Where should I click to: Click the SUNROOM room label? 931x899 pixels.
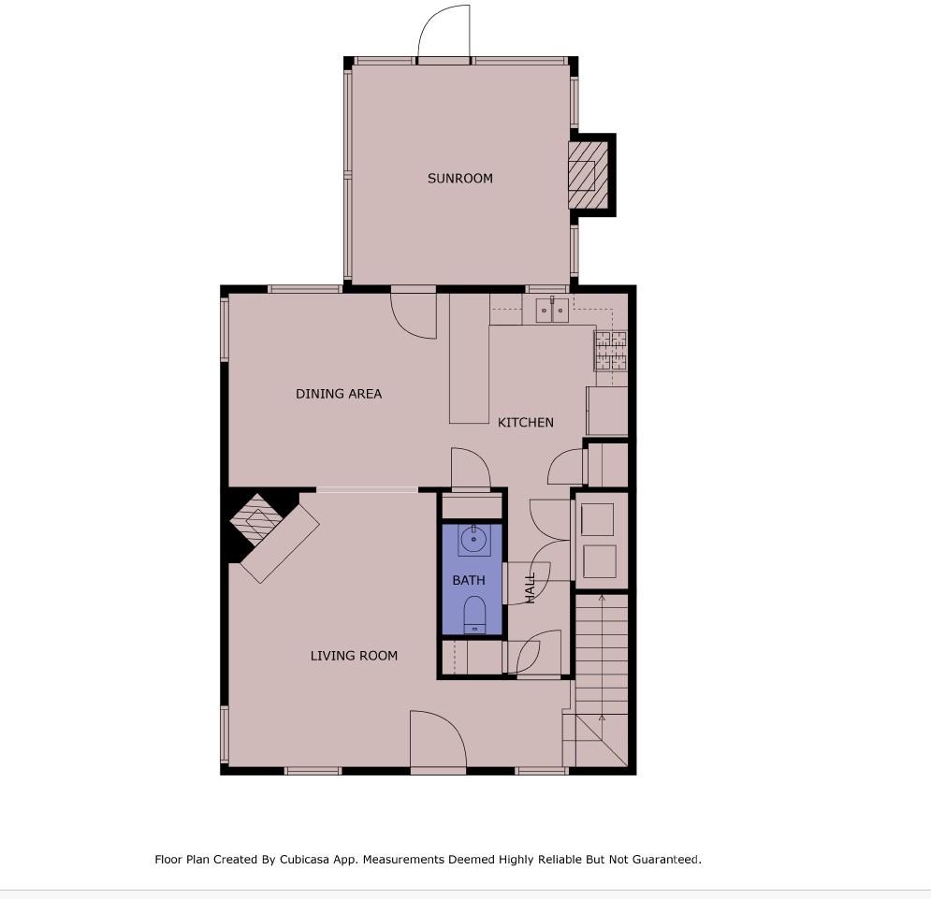tap(459, 179)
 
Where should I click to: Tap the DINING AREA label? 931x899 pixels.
tap(339, 394)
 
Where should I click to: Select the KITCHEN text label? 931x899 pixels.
tap(525, 423)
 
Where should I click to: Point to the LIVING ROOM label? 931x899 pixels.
tap(354, 656)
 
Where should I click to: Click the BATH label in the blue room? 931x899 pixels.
tap(469, 581)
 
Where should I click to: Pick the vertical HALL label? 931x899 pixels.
tap(531, 587)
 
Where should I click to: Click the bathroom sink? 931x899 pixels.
tap(473, 540)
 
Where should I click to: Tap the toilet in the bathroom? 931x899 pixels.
tap(474, 616)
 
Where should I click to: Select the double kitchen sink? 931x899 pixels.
tap(551, 310)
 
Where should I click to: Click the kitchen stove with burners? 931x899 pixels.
tap(610, 352)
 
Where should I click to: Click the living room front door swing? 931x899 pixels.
tap(437, 741)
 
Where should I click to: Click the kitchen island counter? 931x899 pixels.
tap(469, 360)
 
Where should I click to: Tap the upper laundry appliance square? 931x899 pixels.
tap(598, 519)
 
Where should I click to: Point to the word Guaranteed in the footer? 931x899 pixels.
tap(663, 859)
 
